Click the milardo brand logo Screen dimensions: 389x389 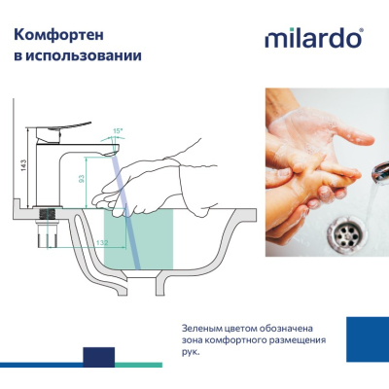click(x=314, y=38)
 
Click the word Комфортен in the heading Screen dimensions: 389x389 click(x=58, y=35)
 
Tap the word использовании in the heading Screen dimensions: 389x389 click(x=84, y=55)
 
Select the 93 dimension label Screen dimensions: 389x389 click(x=82, y=178)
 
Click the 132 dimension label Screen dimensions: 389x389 click(x=102, y=242)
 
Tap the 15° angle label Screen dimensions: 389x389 click(x=118, y=131)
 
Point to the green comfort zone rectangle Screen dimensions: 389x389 click(x=138, y=239)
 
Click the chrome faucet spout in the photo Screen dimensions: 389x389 click(x=380, y=173)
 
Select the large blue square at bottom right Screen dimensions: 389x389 click(x=368, y=339)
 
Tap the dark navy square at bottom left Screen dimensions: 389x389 click(x=99, y=357)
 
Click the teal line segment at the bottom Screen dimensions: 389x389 click(x=138, y=365)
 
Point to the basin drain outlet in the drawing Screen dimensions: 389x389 click(x=142, y=284)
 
